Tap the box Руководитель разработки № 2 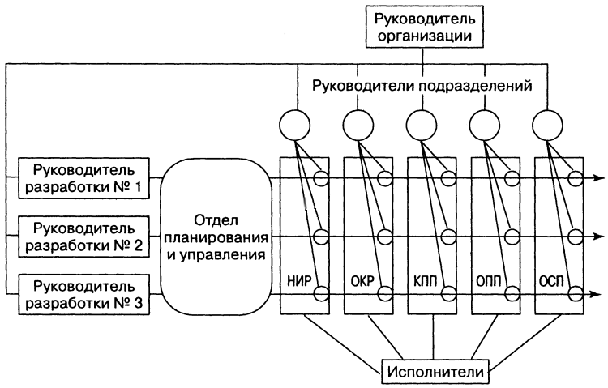point(85,234)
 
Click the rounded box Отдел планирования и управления point(215,235)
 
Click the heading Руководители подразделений point(422,86)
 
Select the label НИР point(296,283)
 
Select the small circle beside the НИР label point(321,293)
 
